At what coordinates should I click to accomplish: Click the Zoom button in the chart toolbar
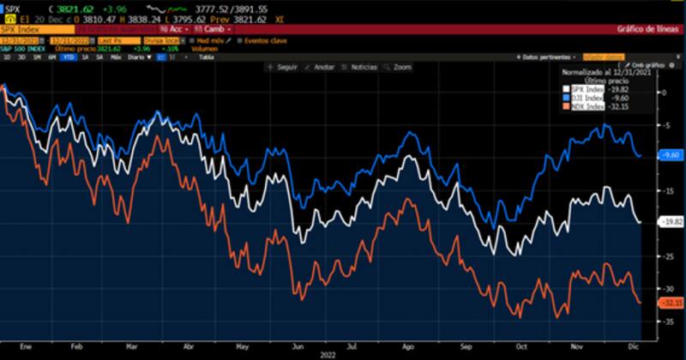click(x=400, y=65)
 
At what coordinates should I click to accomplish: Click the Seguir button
click(x=283, y=65)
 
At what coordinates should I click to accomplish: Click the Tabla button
click(x=207, y=57)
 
